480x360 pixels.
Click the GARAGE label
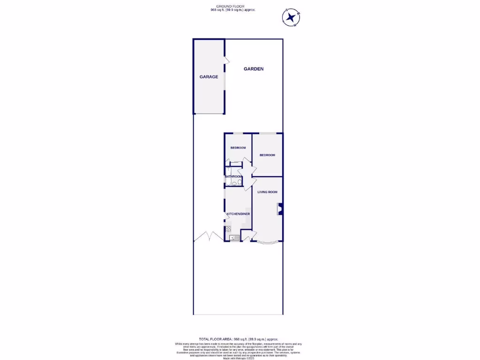(x=209, y=77)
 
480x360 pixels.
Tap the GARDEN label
(x=254, y=69)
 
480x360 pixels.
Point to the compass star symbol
(x=292, y=18)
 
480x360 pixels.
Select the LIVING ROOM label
(x=267, y=192)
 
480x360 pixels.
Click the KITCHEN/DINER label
(x=238, y=214)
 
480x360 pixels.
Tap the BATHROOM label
(x=233, y=176)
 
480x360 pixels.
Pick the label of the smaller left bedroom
(x=238, y=148)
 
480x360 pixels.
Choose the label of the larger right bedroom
(x=267, y=155)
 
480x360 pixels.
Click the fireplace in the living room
(x=280, y=209)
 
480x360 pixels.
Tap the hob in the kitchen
(x=228, y=229)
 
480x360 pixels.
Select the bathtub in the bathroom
(x=227, y=180)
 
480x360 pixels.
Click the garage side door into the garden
(x=226, y=60)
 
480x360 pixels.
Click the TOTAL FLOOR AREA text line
(x=239, y=339)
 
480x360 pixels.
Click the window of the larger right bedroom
(x=268, y=134)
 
